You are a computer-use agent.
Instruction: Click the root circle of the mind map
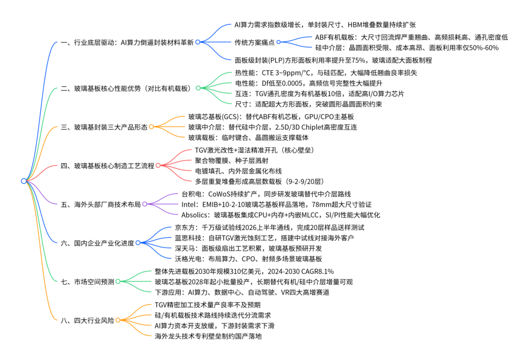pos(24,181)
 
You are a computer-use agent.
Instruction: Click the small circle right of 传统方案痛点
pos(278,42)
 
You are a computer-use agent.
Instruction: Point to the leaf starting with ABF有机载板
pos(411,37)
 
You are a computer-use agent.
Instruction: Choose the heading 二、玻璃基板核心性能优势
pos(101,88)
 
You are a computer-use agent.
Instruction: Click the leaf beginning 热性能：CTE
pos(326,73)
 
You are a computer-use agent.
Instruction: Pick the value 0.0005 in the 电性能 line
pos(291,83)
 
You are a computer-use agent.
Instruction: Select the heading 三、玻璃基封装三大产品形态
pos(104,127)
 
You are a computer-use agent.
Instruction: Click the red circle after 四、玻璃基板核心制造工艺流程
pos(158,165)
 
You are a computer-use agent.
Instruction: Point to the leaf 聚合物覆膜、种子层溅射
pos(231,161)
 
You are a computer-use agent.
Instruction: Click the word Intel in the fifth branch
pos(189,205)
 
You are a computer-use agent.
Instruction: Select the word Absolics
pos(194,215)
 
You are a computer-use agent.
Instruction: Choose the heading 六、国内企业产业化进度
pos(97,243)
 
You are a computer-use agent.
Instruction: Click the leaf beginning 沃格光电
pos(248,259)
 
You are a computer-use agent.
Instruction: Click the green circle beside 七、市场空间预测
pos(118,281)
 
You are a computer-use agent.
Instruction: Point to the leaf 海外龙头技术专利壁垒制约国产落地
pos(208,336)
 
